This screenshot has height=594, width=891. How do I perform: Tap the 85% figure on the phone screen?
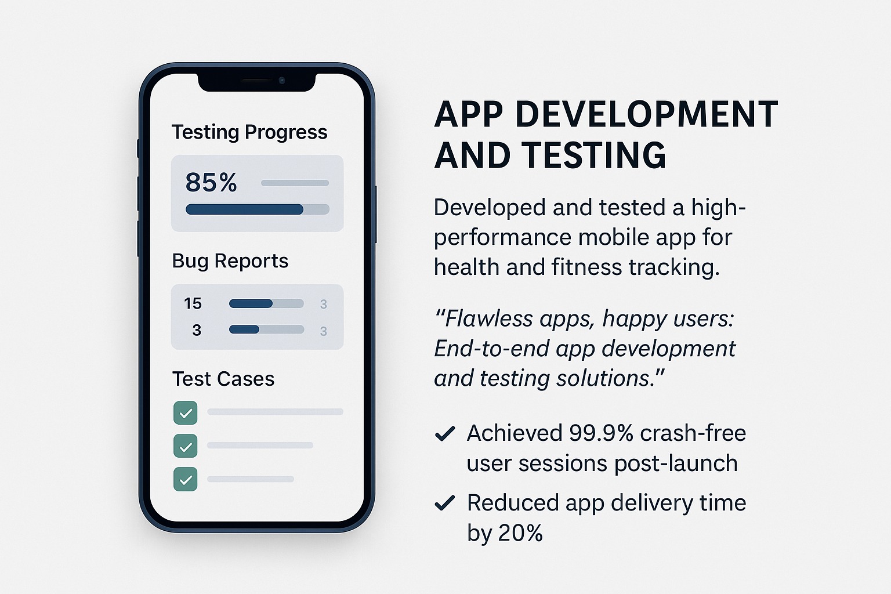click(211, 182)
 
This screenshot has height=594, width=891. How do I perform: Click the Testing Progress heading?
click(249, 132)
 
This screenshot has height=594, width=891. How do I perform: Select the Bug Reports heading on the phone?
click(230, 261)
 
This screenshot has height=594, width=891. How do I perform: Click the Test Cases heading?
click(223, 378)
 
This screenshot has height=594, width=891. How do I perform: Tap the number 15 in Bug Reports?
click(193, 303)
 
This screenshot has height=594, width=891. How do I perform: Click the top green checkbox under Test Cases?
click(186, 412)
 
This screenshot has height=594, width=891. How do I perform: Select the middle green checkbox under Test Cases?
click(186, 446)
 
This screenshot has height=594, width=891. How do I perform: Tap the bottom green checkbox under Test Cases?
click(186, 479)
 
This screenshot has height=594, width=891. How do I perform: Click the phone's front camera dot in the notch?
click(281, 81)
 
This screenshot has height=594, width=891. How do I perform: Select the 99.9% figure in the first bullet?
click(601, 433)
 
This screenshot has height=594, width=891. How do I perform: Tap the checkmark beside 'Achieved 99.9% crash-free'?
click(445, 434)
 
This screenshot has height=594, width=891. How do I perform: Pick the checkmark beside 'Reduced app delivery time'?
click(445, 502)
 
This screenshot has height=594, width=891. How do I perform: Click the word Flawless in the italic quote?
click(488, 318)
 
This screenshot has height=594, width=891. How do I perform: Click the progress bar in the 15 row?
click(266, 303)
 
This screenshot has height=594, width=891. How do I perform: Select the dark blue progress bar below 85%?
click(244, 209)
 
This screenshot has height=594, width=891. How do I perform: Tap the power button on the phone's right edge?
click(375, 214)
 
